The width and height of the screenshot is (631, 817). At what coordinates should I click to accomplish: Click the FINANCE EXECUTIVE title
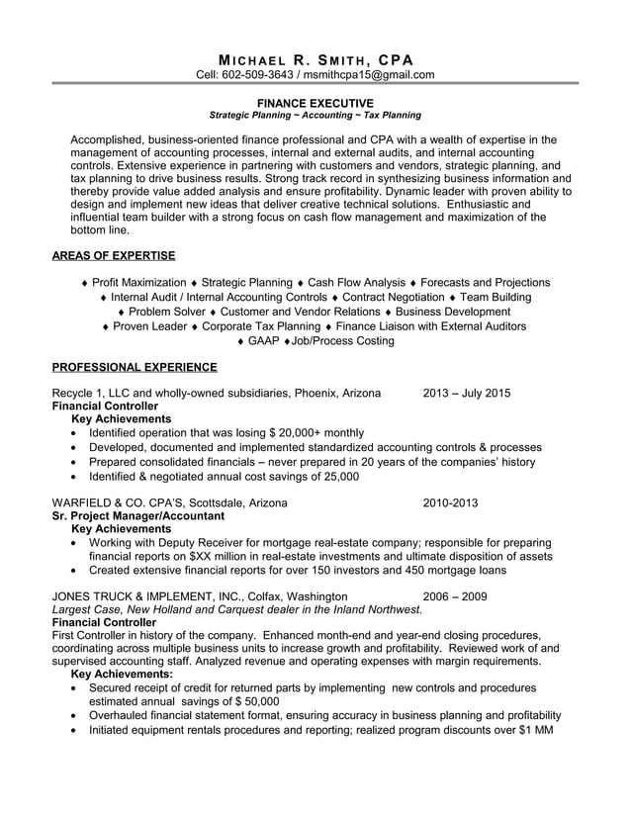coord(315,103)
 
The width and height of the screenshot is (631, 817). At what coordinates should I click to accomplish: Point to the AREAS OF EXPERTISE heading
coord(113,256)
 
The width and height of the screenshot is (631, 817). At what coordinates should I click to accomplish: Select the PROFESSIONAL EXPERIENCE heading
coord(134,367)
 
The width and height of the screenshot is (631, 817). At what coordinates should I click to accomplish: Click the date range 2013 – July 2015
coord(466,393)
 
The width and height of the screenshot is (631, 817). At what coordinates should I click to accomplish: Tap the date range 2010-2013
coord(450,502)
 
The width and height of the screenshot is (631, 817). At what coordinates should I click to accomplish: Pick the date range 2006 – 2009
coord(454,596)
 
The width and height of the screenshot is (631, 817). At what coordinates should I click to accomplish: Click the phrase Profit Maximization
coord(138,283)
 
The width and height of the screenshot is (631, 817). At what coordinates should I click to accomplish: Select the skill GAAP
coord(264,341)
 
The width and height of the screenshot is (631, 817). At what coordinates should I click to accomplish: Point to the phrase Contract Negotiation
coord(393,298)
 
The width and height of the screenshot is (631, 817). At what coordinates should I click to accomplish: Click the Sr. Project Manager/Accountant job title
coord(137,515)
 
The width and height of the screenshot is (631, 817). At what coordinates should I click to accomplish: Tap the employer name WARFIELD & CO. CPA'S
coord(117,502)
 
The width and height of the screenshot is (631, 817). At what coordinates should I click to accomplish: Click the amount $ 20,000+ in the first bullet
coord(301,433)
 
